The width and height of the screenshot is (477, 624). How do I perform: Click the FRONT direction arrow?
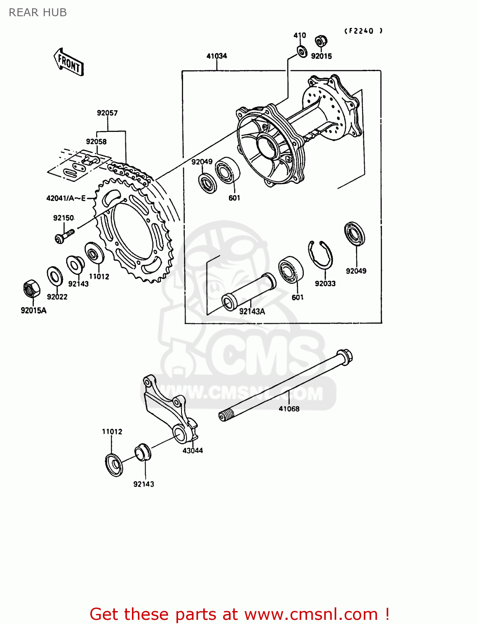coord(69,62)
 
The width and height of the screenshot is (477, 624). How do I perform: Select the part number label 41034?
coord(216,56)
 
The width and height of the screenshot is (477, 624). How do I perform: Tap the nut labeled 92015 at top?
coord(320,41)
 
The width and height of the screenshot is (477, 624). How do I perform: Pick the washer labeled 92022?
coord(55,276)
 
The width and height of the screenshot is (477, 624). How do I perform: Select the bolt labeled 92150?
coord(64,235)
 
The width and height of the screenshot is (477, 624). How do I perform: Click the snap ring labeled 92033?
coord(320,255)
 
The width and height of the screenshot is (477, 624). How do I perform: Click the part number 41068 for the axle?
coord(289,409)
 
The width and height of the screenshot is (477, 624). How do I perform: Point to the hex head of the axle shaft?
coord(345,356)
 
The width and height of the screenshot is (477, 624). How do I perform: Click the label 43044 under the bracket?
coord(192,451)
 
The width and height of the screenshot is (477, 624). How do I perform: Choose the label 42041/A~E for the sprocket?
coord(66,198)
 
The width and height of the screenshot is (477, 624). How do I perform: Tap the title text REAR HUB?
coord(38,12)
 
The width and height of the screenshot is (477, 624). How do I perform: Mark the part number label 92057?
coord(107,113)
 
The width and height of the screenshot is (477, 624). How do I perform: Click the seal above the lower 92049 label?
coord(355,233)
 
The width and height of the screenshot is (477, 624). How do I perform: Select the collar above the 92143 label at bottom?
coord(142,453)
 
